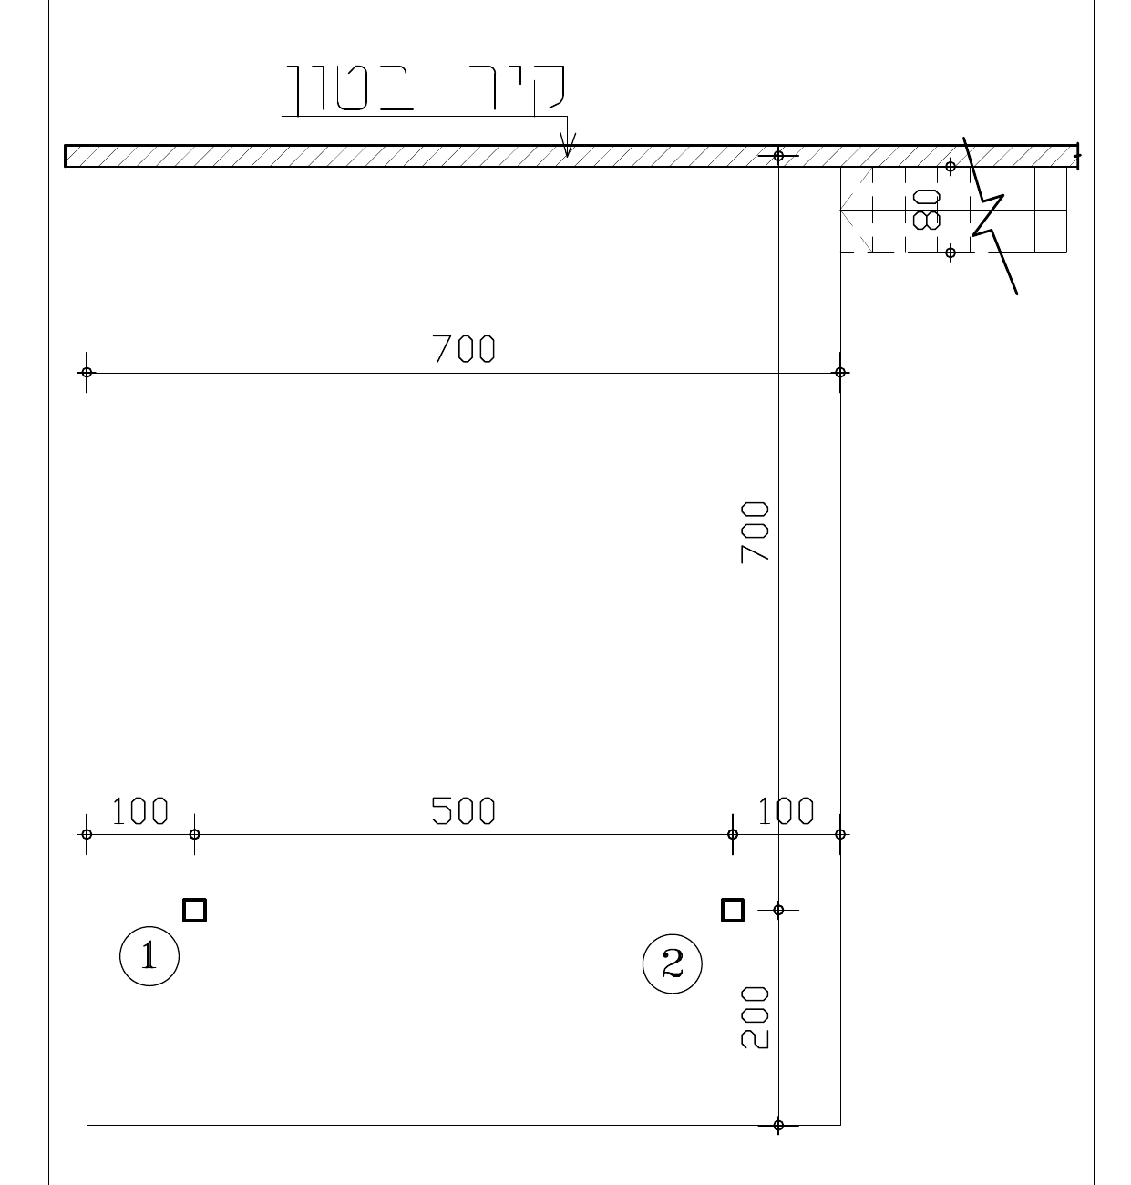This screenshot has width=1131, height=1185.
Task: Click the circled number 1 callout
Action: [x=149, y=956]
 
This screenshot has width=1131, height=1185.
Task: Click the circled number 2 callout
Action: [x=673, y=963]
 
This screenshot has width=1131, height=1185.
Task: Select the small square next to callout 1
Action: [x=195, y=910]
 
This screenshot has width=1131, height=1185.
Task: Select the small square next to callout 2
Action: [x=733, y=910]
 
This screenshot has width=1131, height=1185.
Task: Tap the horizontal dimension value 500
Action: [x=463, y=810]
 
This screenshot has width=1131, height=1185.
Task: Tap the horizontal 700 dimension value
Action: [x=463, y=348]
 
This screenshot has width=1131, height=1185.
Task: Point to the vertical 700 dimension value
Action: [x=755, y=533]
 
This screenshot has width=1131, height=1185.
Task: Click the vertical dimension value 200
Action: [x=755, y=1018]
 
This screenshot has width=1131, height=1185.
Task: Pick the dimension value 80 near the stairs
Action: [x=926, y=210]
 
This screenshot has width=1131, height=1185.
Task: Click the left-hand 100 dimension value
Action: [x=139, y=810]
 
